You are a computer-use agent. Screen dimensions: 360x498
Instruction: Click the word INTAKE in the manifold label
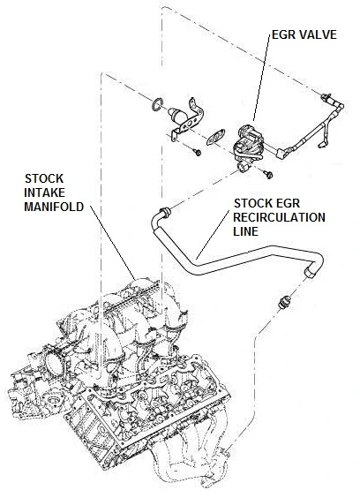point(44,192)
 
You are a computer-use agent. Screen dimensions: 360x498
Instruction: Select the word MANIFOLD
point(54,207)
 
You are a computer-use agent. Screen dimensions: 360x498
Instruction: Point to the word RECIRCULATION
point(279,217)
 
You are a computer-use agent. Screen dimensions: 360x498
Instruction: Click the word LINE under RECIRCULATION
point(245,231)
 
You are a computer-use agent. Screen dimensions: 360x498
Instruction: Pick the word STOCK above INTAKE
point(44,179)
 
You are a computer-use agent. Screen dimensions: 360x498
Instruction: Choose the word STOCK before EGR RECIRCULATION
point(253,203)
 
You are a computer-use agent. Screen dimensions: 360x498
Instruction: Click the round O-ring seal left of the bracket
point(158,105)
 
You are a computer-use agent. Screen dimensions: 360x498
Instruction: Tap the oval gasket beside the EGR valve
point(215,137)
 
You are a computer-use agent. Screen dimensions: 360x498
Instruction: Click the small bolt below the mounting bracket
point(198,153)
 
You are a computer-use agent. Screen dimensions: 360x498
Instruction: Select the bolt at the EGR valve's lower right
point(268,174)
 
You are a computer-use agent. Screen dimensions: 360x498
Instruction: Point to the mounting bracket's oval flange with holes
point(191,124)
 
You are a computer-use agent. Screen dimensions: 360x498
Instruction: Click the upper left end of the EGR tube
point(164,211)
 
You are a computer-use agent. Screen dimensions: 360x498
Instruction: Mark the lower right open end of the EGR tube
point(310,273)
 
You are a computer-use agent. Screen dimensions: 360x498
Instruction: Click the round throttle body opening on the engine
point(52,361)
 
